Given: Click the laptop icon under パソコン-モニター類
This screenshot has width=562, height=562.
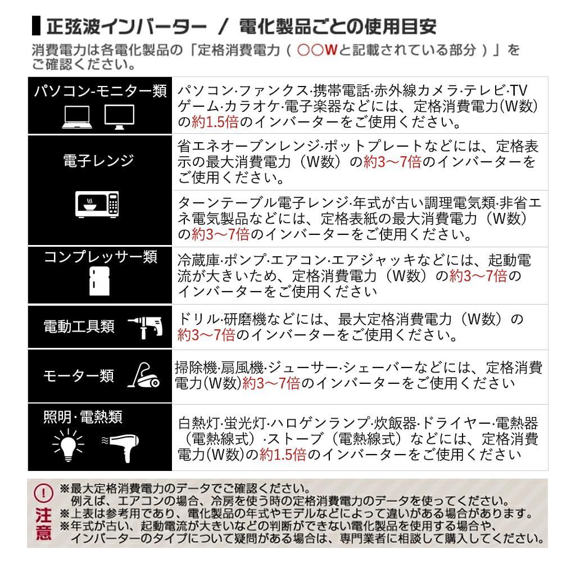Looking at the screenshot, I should coord(76,117).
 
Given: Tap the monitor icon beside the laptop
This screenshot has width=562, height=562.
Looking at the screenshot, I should coord(119,117).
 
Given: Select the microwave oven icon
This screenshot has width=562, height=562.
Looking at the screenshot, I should coord(97,204).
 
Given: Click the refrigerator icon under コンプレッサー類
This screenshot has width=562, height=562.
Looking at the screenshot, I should coord(97,281).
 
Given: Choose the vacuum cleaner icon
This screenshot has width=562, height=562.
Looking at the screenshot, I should coord(145,375).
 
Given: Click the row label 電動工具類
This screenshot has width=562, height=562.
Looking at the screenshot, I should coord(79,327).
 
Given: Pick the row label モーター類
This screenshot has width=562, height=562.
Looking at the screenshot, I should coord(79,375).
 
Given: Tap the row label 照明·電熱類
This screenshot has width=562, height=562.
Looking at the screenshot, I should coord(83,417).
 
